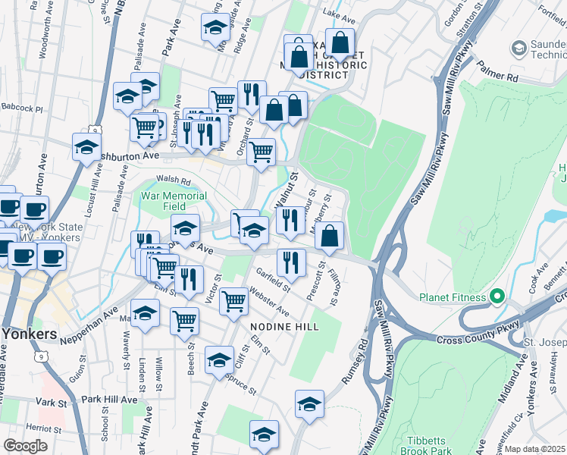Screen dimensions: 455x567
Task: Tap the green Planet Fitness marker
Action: point(498,296)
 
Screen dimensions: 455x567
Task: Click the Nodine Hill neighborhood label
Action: point(284,326)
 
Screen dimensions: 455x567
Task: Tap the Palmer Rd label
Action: point(502,77)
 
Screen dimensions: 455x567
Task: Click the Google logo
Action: point(25,445)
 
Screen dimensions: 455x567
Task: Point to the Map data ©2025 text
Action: point(535,449)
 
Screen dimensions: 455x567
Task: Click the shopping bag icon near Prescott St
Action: point(329,236)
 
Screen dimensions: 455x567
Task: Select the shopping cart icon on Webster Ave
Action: point(233,301)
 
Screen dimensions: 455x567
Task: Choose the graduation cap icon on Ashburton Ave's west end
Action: point(87,146)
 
